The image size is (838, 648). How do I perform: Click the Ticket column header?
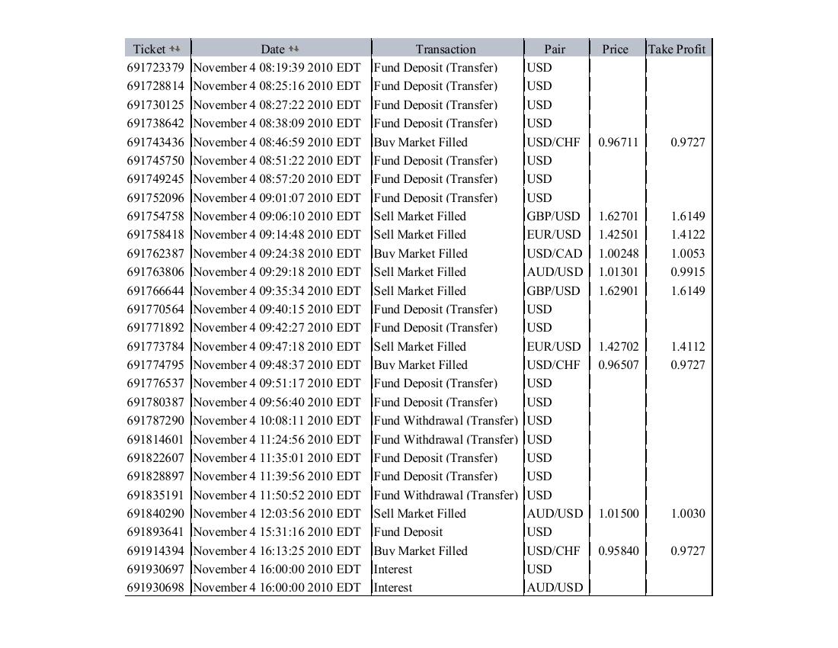pyautogui.click(x=149, y=49)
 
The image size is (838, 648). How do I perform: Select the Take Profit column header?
pyautogui.click(x=676, y=49)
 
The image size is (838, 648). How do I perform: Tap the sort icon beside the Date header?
pyautogui.click(x=294, y=49)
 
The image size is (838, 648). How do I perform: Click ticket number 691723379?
pyautogui.click(x=155, y=67)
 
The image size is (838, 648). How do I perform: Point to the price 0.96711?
pyautogui.click(x=619, y=142)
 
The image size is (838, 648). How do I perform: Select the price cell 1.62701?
pyautogui.click(x=619, y=216)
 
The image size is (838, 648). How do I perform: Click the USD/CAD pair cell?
pyautogui.click(x=554, y=253)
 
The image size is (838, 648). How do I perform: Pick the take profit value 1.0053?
pyautogui.click(x=687, y=253)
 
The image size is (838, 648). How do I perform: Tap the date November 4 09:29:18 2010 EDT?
pyautogui.click(x=277, y=271)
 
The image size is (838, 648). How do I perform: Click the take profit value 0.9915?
pyautogui.click(x=687, y=271)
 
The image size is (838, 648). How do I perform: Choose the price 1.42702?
pyautogui.click(x=619, y=346)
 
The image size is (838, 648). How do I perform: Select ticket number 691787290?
pyautogui.click(x=155, y=420)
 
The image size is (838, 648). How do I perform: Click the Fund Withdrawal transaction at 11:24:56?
pyautogui.click(x=446, y=439)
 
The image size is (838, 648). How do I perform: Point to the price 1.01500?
pyautogui.click(x=619, y=513)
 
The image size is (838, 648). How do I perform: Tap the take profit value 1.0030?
pyautogui.click(x=687, y=513)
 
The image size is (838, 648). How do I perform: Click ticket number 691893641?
pyautogui.click(x=155, y=531)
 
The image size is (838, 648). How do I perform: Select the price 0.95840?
pyautogui.click(x=619, y=550)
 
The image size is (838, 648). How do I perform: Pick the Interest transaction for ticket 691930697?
pyautogui.click(x=393, y=569)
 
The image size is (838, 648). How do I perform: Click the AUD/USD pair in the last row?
pyautogui.click(x=555, y=587)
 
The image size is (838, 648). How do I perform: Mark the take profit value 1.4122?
pyautogui.click(x=687, y=234)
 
